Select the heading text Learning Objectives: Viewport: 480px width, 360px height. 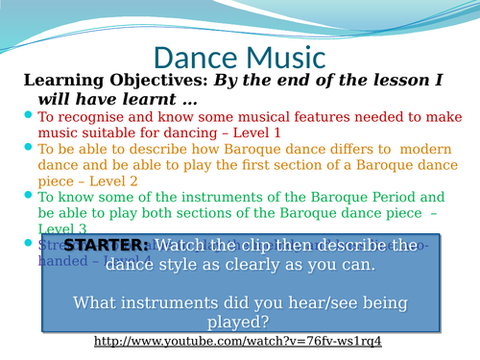[105, 81]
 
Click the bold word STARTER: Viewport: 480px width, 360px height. [106, 247]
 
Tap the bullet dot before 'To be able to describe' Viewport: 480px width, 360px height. [28, 149]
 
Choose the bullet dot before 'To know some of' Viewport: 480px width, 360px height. [28, 197]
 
